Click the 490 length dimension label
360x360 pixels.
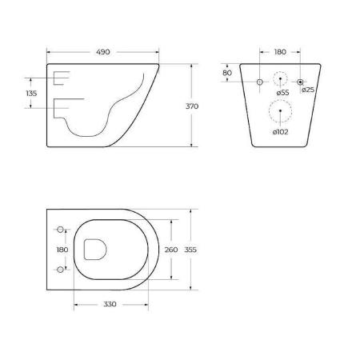click(x=103, y=52)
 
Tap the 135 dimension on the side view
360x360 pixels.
click(x=32, y=94)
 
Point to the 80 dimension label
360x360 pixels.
click(x=227, y=73)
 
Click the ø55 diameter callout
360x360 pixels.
click(x=282, y=93)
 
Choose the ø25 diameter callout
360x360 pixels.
click(x=308, y=90)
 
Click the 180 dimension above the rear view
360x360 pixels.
click(x=279, y=52)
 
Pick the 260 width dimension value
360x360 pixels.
click(x=171, y=250)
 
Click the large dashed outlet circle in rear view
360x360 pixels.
click(x=280, y=114)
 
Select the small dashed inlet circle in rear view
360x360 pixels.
click(x=280, y=81)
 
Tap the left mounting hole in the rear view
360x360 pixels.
click(x=260, y=82)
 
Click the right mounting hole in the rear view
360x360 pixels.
click(x=301, y=82)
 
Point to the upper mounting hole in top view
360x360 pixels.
click(x=60, y=230)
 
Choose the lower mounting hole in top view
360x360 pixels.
click(x=60, y=270)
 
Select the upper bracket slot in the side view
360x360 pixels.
click(x=61, y=78)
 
